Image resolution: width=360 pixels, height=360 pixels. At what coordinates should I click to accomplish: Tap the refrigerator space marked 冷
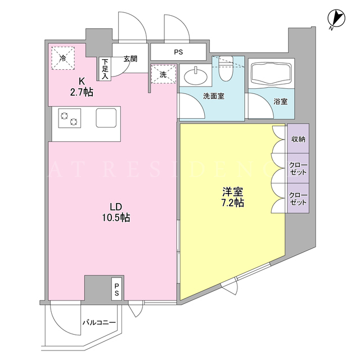[x=62, y=58]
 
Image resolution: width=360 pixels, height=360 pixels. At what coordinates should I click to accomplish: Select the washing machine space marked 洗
[x=164, y=74]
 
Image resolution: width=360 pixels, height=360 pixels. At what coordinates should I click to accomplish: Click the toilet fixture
[x=226, y=69]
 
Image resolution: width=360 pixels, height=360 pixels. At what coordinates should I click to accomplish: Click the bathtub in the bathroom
[x=271, y=73]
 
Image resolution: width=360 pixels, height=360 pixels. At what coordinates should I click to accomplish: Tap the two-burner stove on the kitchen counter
[x=70, y=118]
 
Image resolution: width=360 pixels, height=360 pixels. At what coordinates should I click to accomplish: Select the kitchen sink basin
[x=106, y=118]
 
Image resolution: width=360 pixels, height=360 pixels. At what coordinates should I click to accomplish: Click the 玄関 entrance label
[x=130, y=59]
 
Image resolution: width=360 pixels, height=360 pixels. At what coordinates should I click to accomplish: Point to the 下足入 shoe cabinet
[x=105, y=69]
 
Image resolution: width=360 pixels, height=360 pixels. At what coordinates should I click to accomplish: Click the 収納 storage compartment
[x=298, y=139]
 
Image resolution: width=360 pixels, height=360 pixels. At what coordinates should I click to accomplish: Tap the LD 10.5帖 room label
[x=116, y=213]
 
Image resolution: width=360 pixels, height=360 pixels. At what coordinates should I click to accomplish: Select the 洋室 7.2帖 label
[x=233, y=197]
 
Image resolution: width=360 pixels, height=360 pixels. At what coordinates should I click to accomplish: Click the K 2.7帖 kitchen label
[x=82, y=87]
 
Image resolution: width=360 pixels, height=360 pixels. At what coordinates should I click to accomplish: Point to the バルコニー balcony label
[x=99, y=322]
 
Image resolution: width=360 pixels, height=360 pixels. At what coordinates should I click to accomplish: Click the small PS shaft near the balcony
[x=117, y=289]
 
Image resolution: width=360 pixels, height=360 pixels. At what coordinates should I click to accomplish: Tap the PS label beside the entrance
[x=178, y=52]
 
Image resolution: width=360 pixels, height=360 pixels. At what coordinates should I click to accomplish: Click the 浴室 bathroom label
[x=281, y=101]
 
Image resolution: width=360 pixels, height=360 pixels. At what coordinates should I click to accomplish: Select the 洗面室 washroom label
[x=214, y=96]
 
